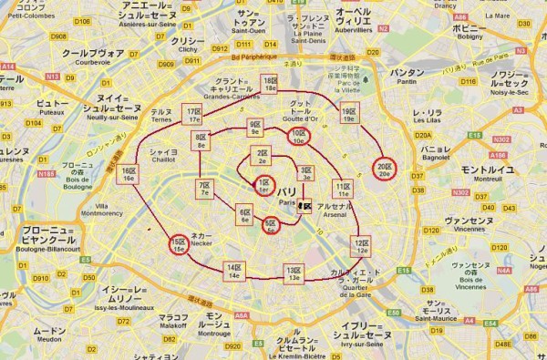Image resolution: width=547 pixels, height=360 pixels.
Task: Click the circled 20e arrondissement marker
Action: click(x=384, y=169)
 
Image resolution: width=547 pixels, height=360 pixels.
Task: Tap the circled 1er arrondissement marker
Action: click(x=263, y=186)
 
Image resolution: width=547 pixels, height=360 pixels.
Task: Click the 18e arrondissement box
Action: click(x=269, y=85)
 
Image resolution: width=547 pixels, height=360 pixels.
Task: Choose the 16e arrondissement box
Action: click(x=129, y=174)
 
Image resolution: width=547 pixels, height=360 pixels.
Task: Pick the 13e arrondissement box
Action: click(x=293, y=274)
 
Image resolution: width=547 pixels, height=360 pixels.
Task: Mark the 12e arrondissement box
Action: click(x=361, y=246)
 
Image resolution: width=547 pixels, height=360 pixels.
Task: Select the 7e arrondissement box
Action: click(x=203, y=190)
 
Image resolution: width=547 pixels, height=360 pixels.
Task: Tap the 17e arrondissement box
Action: click(x=192, y=114)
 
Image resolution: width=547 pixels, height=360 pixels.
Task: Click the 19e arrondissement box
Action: click(x=349, y=114)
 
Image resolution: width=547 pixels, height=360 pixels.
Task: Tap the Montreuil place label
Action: click(x=489, y=172)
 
